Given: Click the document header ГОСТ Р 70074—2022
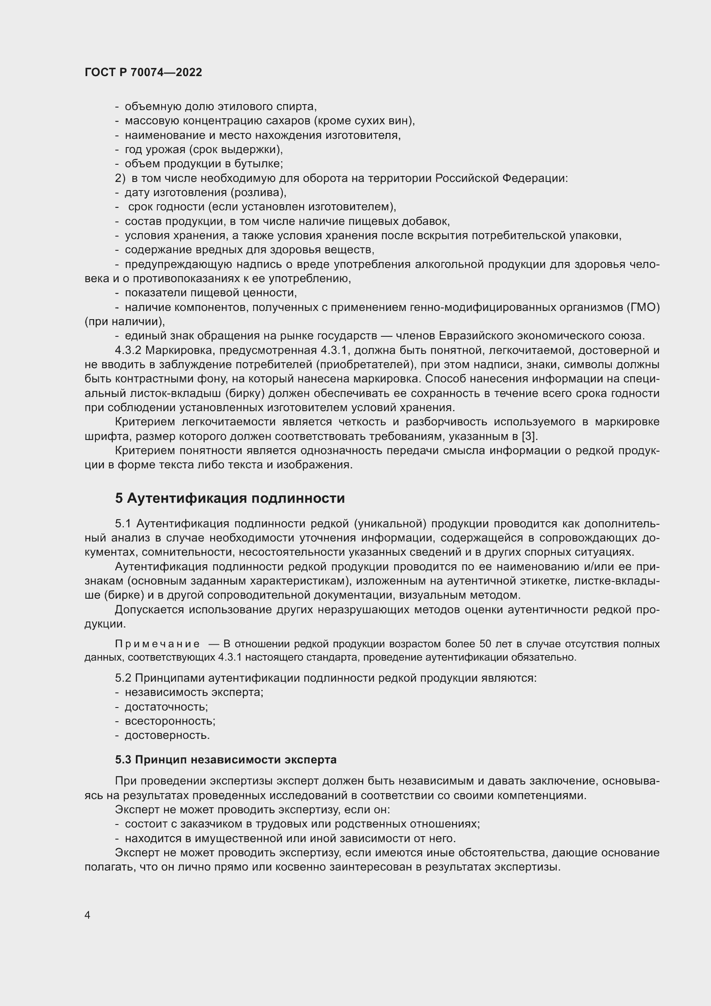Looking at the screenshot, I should [143, 72].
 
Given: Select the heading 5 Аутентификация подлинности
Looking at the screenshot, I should [230, 498].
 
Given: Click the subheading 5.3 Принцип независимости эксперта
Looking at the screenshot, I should [226, 760].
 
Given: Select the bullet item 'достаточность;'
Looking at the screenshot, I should [166, 707].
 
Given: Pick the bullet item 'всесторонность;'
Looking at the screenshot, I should [170, 721].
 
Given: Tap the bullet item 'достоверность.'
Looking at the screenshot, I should [167, 735].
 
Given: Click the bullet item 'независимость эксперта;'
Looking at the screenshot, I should [194, 692].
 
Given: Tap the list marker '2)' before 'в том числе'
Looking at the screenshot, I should [120, 178].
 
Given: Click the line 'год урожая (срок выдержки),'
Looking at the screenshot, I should [204, 149].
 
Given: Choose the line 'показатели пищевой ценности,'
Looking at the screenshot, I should [211, 293].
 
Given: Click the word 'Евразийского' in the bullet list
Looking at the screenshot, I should [476, 335].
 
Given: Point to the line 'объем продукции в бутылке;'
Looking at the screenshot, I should [204, 164].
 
